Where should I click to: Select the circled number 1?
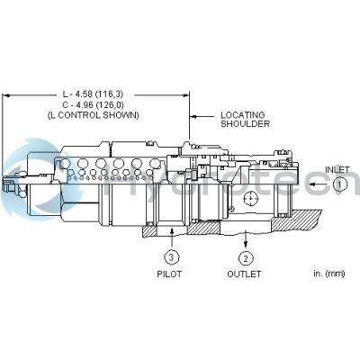tap(339, 183)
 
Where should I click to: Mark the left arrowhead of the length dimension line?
tap(7, 94)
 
